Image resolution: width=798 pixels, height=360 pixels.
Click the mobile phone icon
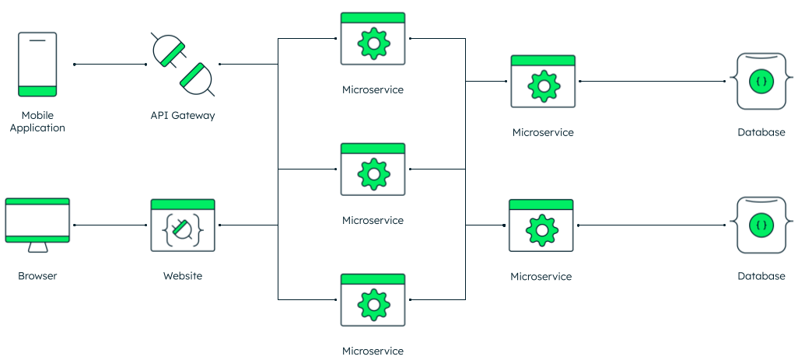[37, 64]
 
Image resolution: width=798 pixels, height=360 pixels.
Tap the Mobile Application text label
[37, 121]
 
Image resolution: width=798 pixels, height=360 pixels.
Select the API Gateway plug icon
[183, 64]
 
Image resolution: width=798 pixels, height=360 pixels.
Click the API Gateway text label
[183, 115]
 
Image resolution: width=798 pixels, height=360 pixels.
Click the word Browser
[37, 276]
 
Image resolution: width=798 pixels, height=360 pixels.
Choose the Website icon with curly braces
[183, 226]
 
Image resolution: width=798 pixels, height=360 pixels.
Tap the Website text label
[183, 276]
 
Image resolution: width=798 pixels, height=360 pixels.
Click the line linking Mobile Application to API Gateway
[110, 65]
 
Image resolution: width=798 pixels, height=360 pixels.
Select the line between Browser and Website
[110, 225]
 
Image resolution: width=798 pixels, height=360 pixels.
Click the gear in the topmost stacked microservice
[373, 44]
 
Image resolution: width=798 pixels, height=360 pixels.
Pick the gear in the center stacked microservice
[373, 174]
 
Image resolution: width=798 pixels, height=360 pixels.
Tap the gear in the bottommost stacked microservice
[373, 305]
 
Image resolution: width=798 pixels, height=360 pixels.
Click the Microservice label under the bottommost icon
[373, 351]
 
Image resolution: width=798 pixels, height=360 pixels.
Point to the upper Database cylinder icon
[761, 81]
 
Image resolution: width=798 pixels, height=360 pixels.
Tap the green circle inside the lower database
[761, 225]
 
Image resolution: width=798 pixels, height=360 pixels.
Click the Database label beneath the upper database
[761, 132]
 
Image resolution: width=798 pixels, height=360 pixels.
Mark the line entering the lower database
[653, 225]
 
